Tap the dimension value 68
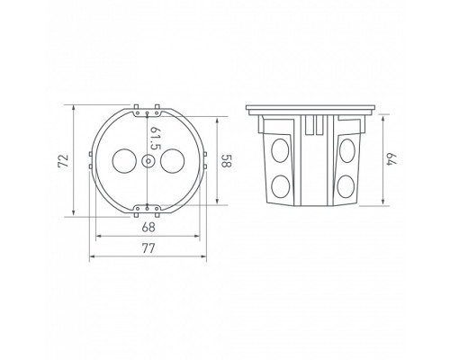[x=148, y=227]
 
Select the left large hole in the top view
[x=121, y=164]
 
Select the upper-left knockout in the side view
[x=279, y=149]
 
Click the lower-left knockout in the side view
[x=279, y=186]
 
